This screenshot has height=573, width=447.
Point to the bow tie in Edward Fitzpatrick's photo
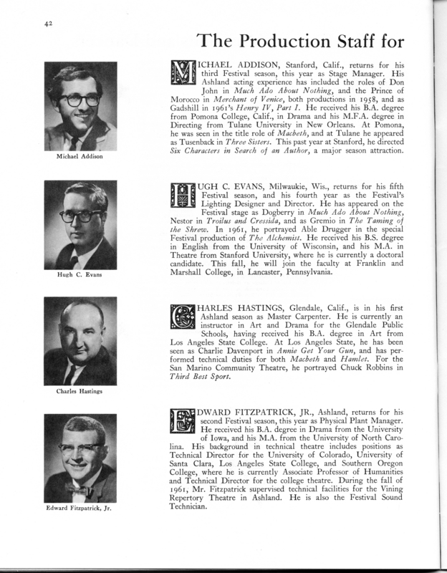click(x=80, y=489)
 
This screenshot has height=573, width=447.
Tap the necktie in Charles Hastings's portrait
click(x=72, y=372)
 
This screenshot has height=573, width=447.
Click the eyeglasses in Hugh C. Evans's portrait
click(x=80, y=214)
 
